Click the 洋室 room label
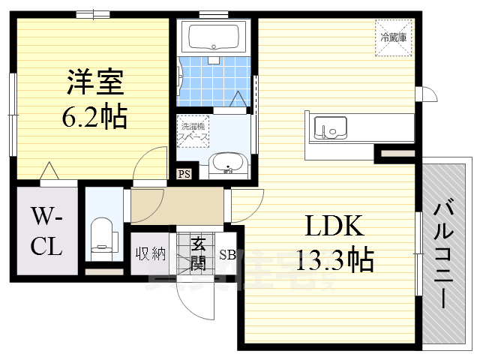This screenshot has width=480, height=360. tap(94, 81)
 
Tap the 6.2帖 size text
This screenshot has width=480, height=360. tap(94, 116)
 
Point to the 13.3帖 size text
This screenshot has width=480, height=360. tap(334, 259)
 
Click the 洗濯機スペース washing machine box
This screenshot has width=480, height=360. tap(193, 131)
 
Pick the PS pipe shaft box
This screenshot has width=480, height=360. tap(184, 175)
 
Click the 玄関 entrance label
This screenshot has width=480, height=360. tap(198, 253)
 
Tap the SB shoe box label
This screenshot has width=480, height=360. tap(227, 253)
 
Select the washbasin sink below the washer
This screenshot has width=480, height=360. tap(226, 163)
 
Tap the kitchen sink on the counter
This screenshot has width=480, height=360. tap(331, 127)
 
